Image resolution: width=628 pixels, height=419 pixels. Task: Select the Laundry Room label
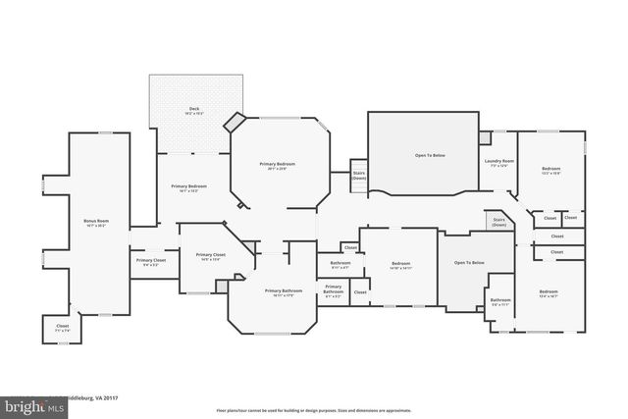click(498, 163)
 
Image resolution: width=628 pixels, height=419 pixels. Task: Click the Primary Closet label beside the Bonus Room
click(151, 261)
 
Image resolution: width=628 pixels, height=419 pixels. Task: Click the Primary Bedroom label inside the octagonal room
click(278, 165)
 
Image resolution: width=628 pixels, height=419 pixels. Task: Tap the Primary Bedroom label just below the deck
click(189, 187)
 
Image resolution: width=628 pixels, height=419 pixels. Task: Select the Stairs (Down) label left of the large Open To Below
click(359, 176)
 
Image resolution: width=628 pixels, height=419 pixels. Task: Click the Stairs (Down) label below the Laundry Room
click(498, 222)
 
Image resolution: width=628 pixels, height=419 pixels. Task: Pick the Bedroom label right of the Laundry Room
click(550, 170)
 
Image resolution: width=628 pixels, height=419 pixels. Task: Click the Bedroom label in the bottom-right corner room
click(548, 292)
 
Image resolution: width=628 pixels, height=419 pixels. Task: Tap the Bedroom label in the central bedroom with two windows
click(400, 265)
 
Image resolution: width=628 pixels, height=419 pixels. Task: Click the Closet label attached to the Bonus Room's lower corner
click(62, 329)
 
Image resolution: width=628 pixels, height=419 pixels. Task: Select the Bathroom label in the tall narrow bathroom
click(500, 301)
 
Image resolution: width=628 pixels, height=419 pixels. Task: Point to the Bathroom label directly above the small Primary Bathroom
click(340, 264)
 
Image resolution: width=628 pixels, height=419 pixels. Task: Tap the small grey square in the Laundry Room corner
click(485, 136)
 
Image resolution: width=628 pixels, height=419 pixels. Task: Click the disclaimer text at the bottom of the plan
click(314, 410)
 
